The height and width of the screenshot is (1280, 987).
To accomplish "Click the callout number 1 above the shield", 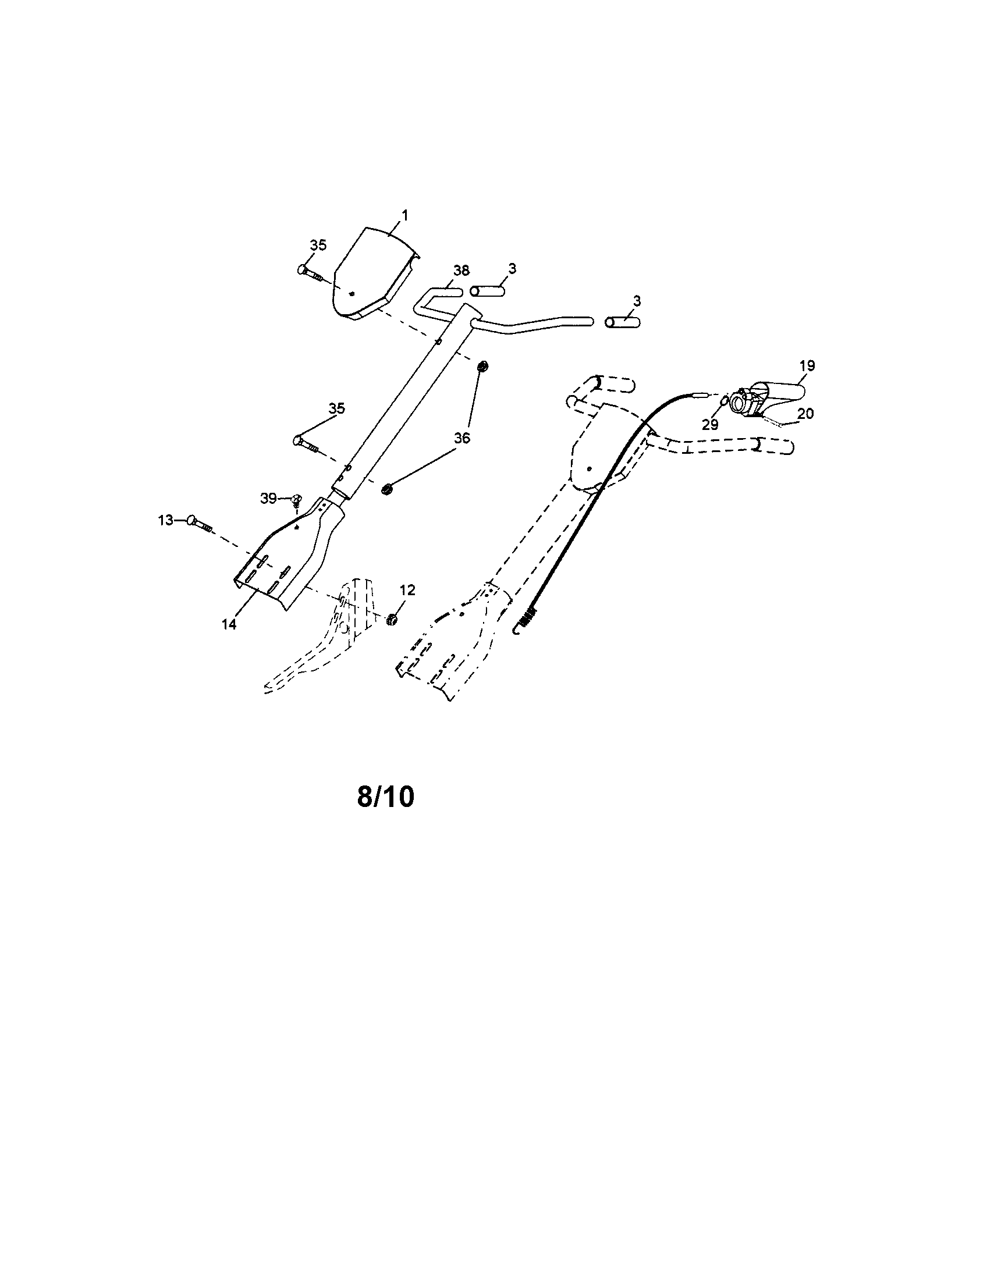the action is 404,216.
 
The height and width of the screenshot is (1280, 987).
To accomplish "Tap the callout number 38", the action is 461,271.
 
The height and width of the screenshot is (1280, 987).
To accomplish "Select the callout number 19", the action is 807,366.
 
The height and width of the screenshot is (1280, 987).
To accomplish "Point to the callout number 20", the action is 805,413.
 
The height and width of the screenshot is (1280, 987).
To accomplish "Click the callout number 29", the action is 710,425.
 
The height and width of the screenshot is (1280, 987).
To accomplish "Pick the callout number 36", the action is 462,438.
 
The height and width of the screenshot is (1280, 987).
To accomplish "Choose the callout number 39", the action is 268,498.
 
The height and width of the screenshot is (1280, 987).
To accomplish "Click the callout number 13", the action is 166,519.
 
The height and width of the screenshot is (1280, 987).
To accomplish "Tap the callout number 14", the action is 229,625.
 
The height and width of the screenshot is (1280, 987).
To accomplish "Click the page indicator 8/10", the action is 385,797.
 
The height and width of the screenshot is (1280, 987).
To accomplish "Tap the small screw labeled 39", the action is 297,500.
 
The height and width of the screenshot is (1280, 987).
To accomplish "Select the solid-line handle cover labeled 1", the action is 374,272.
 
